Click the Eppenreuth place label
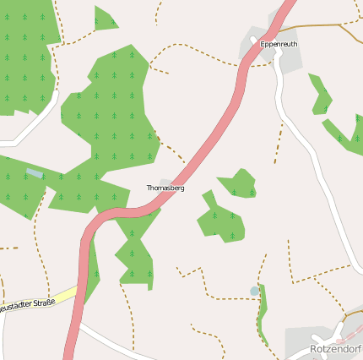279,44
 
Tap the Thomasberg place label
165,188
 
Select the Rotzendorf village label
335,348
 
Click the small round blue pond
255,292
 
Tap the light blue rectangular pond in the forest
35,173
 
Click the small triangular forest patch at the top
104,19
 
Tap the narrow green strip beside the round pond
263,313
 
